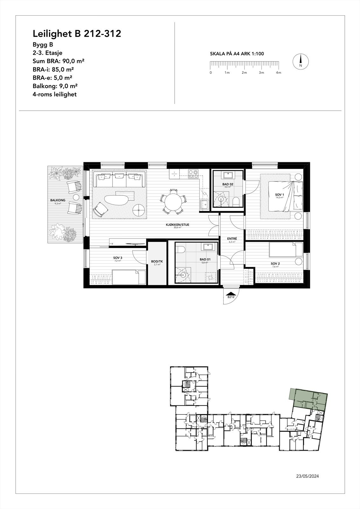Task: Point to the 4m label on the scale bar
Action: pos(279,73)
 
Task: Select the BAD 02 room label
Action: pos(227,184)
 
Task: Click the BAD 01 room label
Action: pos(204,260)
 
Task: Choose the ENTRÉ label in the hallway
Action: pos(232,239)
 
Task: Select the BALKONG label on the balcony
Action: pos(58,200)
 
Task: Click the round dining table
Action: pos(173,201)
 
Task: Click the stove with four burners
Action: pos(193,174)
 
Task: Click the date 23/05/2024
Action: pos(307,476)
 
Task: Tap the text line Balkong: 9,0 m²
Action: pos(55,86)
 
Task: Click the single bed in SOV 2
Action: pos(286,250)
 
